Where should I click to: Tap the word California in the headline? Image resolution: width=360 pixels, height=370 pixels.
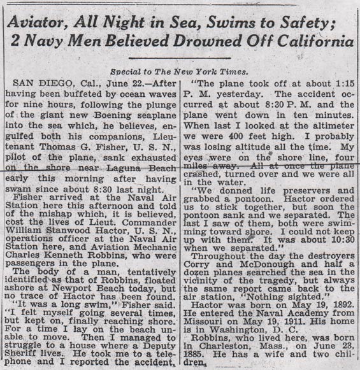pyautogui.click(x=310, y=45)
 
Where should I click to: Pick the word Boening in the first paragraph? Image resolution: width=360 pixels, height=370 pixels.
pyautogui.click(x=122, y=115)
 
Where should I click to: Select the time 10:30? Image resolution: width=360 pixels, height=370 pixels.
pyautogui.click(x=337, y=236)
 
